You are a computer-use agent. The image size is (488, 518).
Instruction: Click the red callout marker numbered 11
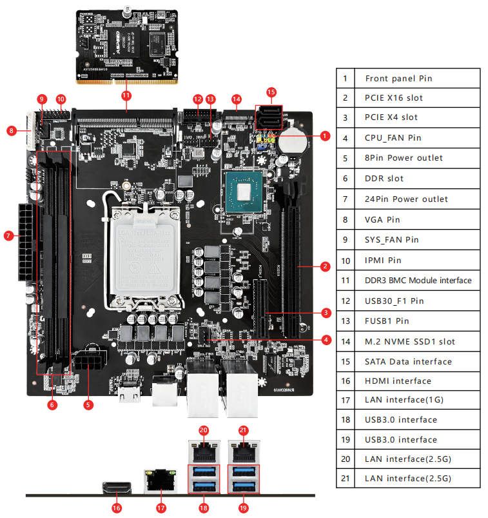point(126,95)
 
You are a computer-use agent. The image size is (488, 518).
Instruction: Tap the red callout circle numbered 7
point(9,236)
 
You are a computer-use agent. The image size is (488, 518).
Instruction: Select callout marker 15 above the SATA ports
point(271,92)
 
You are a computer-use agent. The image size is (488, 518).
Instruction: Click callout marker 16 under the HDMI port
point(117,508)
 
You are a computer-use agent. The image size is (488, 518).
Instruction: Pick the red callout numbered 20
point(204,430)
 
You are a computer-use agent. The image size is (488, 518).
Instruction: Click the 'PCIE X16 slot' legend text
point(394,98)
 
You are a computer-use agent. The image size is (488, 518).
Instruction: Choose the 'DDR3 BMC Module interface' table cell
point(418,281)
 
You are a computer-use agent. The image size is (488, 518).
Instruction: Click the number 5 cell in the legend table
point(345,158)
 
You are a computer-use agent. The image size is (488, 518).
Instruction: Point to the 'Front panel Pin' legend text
point(398,79)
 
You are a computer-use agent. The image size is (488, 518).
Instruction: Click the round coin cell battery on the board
point(294,137)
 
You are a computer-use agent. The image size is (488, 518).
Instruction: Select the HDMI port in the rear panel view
point(117,489)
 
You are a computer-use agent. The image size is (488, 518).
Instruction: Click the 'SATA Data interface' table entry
point(408,362)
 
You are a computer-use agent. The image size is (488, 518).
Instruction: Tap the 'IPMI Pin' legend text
point(383,261)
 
